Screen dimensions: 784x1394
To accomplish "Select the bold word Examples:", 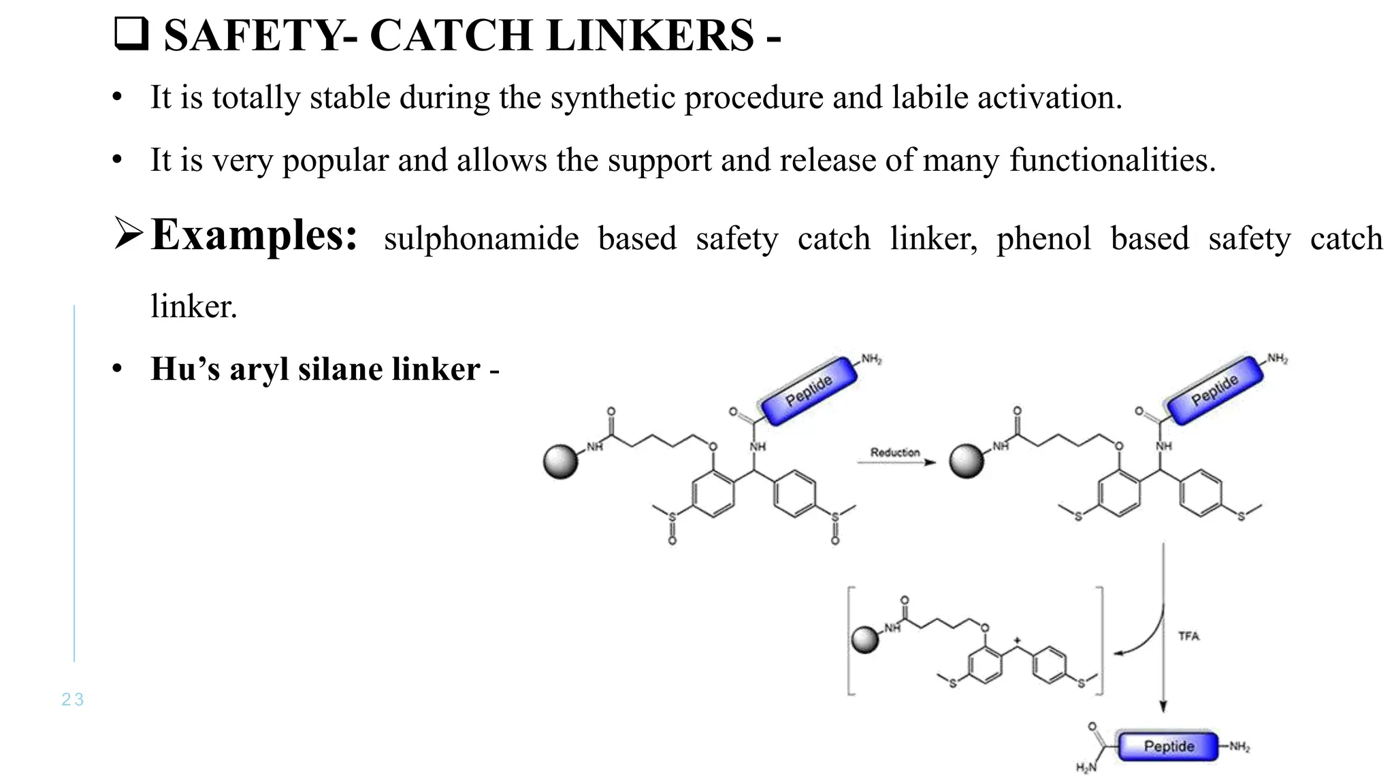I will coord(254,235).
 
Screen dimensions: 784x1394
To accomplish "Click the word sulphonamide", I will coord(481,239).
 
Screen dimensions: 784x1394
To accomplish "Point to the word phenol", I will coord(1043,239).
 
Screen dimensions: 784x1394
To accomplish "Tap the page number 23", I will coord(73,700).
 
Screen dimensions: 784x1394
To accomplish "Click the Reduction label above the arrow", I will coord(894,453).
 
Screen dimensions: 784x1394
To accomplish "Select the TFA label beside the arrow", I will coord(1188,636).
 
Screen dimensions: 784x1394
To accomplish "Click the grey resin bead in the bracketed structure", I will coord(865,640).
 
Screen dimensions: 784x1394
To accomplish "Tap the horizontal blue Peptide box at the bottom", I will coord(1168,747).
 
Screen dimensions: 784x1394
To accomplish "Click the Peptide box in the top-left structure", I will coord(809,391).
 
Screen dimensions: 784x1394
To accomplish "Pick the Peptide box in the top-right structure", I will coord(1215,390).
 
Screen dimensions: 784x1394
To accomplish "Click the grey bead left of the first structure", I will coord(561,462).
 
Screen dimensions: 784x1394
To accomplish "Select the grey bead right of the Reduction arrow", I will coord(967,462).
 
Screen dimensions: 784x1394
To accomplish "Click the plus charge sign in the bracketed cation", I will coord(1017,640).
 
